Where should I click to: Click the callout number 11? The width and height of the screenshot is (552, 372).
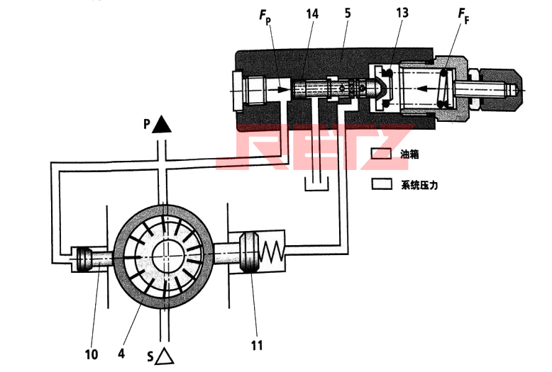coord(257,345)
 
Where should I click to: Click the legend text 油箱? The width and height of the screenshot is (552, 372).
coord(411,153)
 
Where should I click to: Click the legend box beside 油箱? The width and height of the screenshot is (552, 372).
coord(383,153)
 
